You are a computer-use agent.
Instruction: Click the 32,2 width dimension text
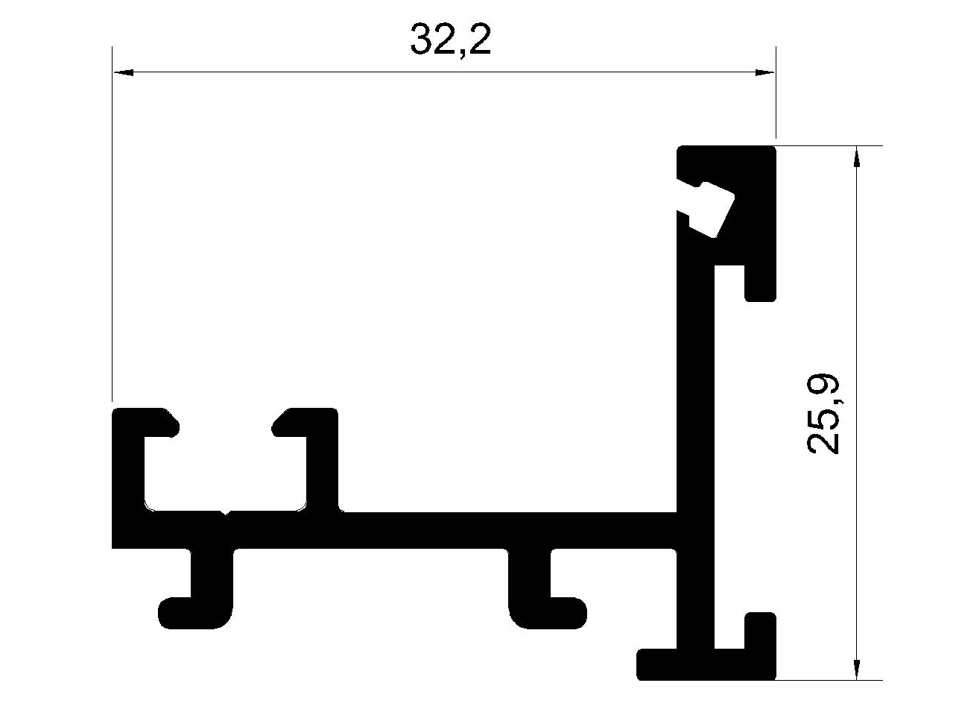(x=450, y=40)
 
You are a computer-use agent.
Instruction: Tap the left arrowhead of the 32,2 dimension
(x=123, y=72)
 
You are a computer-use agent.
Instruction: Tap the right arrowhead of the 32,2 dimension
(x=764, y=72)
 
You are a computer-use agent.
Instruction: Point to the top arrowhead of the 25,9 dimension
(x=856, y=157)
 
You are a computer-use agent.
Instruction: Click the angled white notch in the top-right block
(x=708, y=210)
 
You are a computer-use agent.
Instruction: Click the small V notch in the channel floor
(x=224, y=513)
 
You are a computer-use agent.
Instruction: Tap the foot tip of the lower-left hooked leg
(x=165, y=613)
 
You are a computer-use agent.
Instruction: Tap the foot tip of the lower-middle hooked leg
(x=580, y=613)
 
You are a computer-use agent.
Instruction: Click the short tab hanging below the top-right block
(x=760, y=283)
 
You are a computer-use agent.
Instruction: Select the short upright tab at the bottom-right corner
(x=760, y=631)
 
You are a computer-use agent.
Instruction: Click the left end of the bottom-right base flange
(x=639, y=664)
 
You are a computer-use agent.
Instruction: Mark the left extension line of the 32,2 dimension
(x=113, y=224)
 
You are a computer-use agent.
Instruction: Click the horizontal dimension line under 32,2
(x=444, y=72)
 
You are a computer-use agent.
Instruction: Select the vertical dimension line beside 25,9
(x=856, y=413)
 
